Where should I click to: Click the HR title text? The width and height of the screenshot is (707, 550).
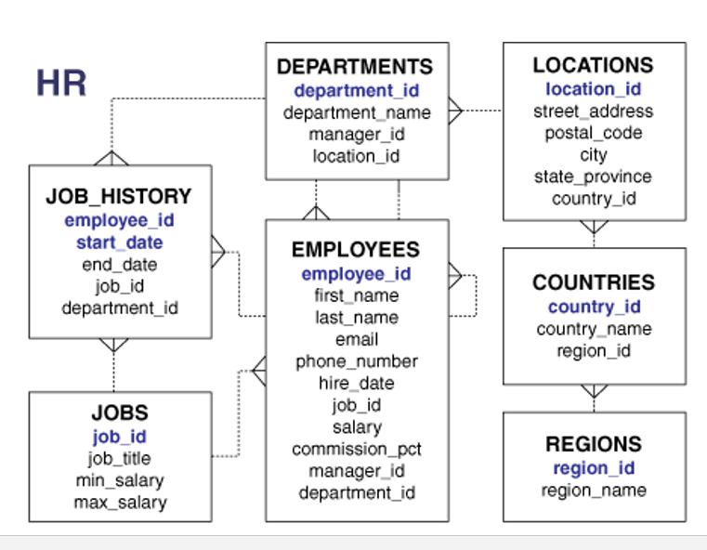[61, 84]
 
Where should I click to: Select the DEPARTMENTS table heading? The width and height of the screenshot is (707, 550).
[356, 67]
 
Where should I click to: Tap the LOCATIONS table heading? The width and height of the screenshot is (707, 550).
[593, 65]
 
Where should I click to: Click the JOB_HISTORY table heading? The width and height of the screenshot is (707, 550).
[118, 197]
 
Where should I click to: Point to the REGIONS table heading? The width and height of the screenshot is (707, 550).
[593, 444]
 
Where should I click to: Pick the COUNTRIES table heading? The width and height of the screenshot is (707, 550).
[593, 282]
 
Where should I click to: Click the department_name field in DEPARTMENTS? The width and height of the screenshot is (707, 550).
[357, 112]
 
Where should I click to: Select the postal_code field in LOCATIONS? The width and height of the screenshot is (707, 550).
[593, 133]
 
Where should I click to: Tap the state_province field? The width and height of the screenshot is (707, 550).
[593, 177]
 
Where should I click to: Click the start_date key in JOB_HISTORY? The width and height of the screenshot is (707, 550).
[119, 242]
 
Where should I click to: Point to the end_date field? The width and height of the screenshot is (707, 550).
[119, 265]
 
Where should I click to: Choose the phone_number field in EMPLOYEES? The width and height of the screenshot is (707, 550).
[357, 361]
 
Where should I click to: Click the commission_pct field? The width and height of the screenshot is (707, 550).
[357, 449]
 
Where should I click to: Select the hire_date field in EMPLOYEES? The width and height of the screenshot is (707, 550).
[357, 383]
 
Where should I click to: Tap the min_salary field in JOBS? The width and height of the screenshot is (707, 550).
[119, 480]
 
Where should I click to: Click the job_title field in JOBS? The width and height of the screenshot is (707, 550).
[119, 458]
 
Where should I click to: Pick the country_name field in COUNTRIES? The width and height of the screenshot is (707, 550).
[593, 329]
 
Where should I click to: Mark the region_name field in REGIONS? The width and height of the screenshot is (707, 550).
[593, 490]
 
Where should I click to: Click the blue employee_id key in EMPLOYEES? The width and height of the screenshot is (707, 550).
[356, 274]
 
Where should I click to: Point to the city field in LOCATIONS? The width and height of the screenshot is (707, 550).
[593, 154]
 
